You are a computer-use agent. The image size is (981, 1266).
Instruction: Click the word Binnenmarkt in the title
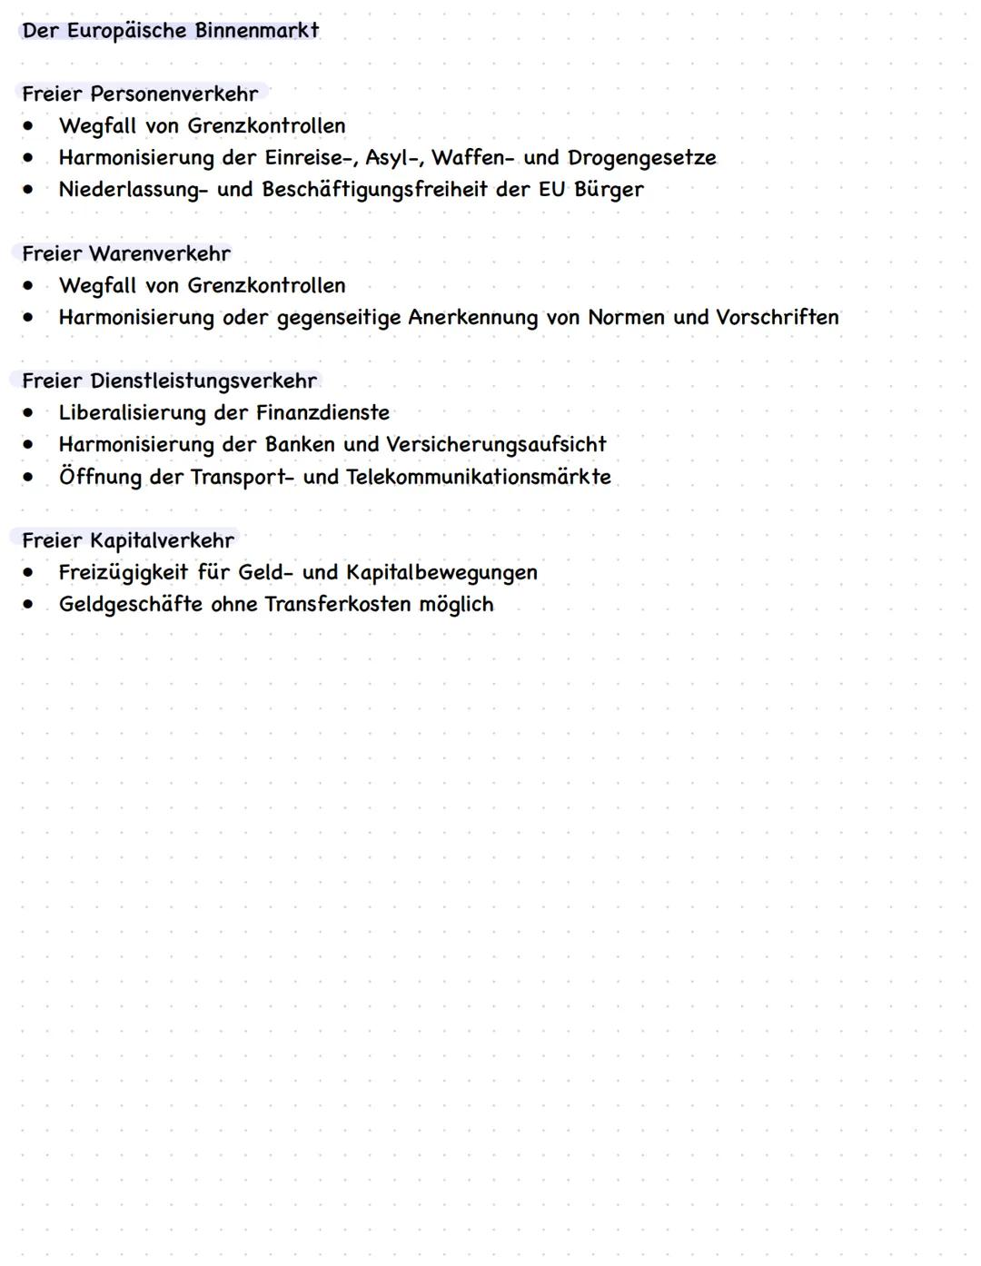[257, 31]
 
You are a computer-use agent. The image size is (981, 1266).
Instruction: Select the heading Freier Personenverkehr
[140, 94]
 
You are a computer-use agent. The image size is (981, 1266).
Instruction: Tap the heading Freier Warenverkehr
[126, 253]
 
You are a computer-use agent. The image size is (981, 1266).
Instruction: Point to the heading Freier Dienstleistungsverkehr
[169, 381]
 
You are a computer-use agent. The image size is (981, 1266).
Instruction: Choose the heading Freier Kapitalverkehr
[128, 540]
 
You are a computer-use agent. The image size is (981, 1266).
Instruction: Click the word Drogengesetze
[641, 158]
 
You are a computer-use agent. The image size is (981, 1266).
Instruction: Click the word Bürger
[609, 190]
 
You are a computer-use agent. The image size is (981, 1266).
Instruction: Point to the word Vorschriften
[777, 317]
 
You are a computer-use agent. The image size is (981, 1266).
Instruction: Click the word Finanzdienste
[322, 413]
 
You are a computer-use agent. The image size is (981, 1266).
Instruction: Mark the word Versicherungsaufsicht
[496, 445]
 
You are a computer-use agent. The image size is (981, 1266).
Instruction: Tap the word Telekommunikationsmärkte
[479, 477]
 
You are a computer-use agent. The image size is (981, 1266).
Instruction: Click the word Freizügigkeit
[123, 573]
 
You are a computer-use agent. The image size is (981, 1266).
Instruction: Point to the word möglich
[456, 605]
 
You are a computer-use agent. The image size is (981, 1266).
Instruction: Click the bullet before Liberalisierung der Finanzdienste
[30, 412]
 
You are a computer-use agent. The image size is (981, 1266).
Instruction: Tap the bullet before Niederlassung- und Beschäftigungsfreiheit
[30, 189]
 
